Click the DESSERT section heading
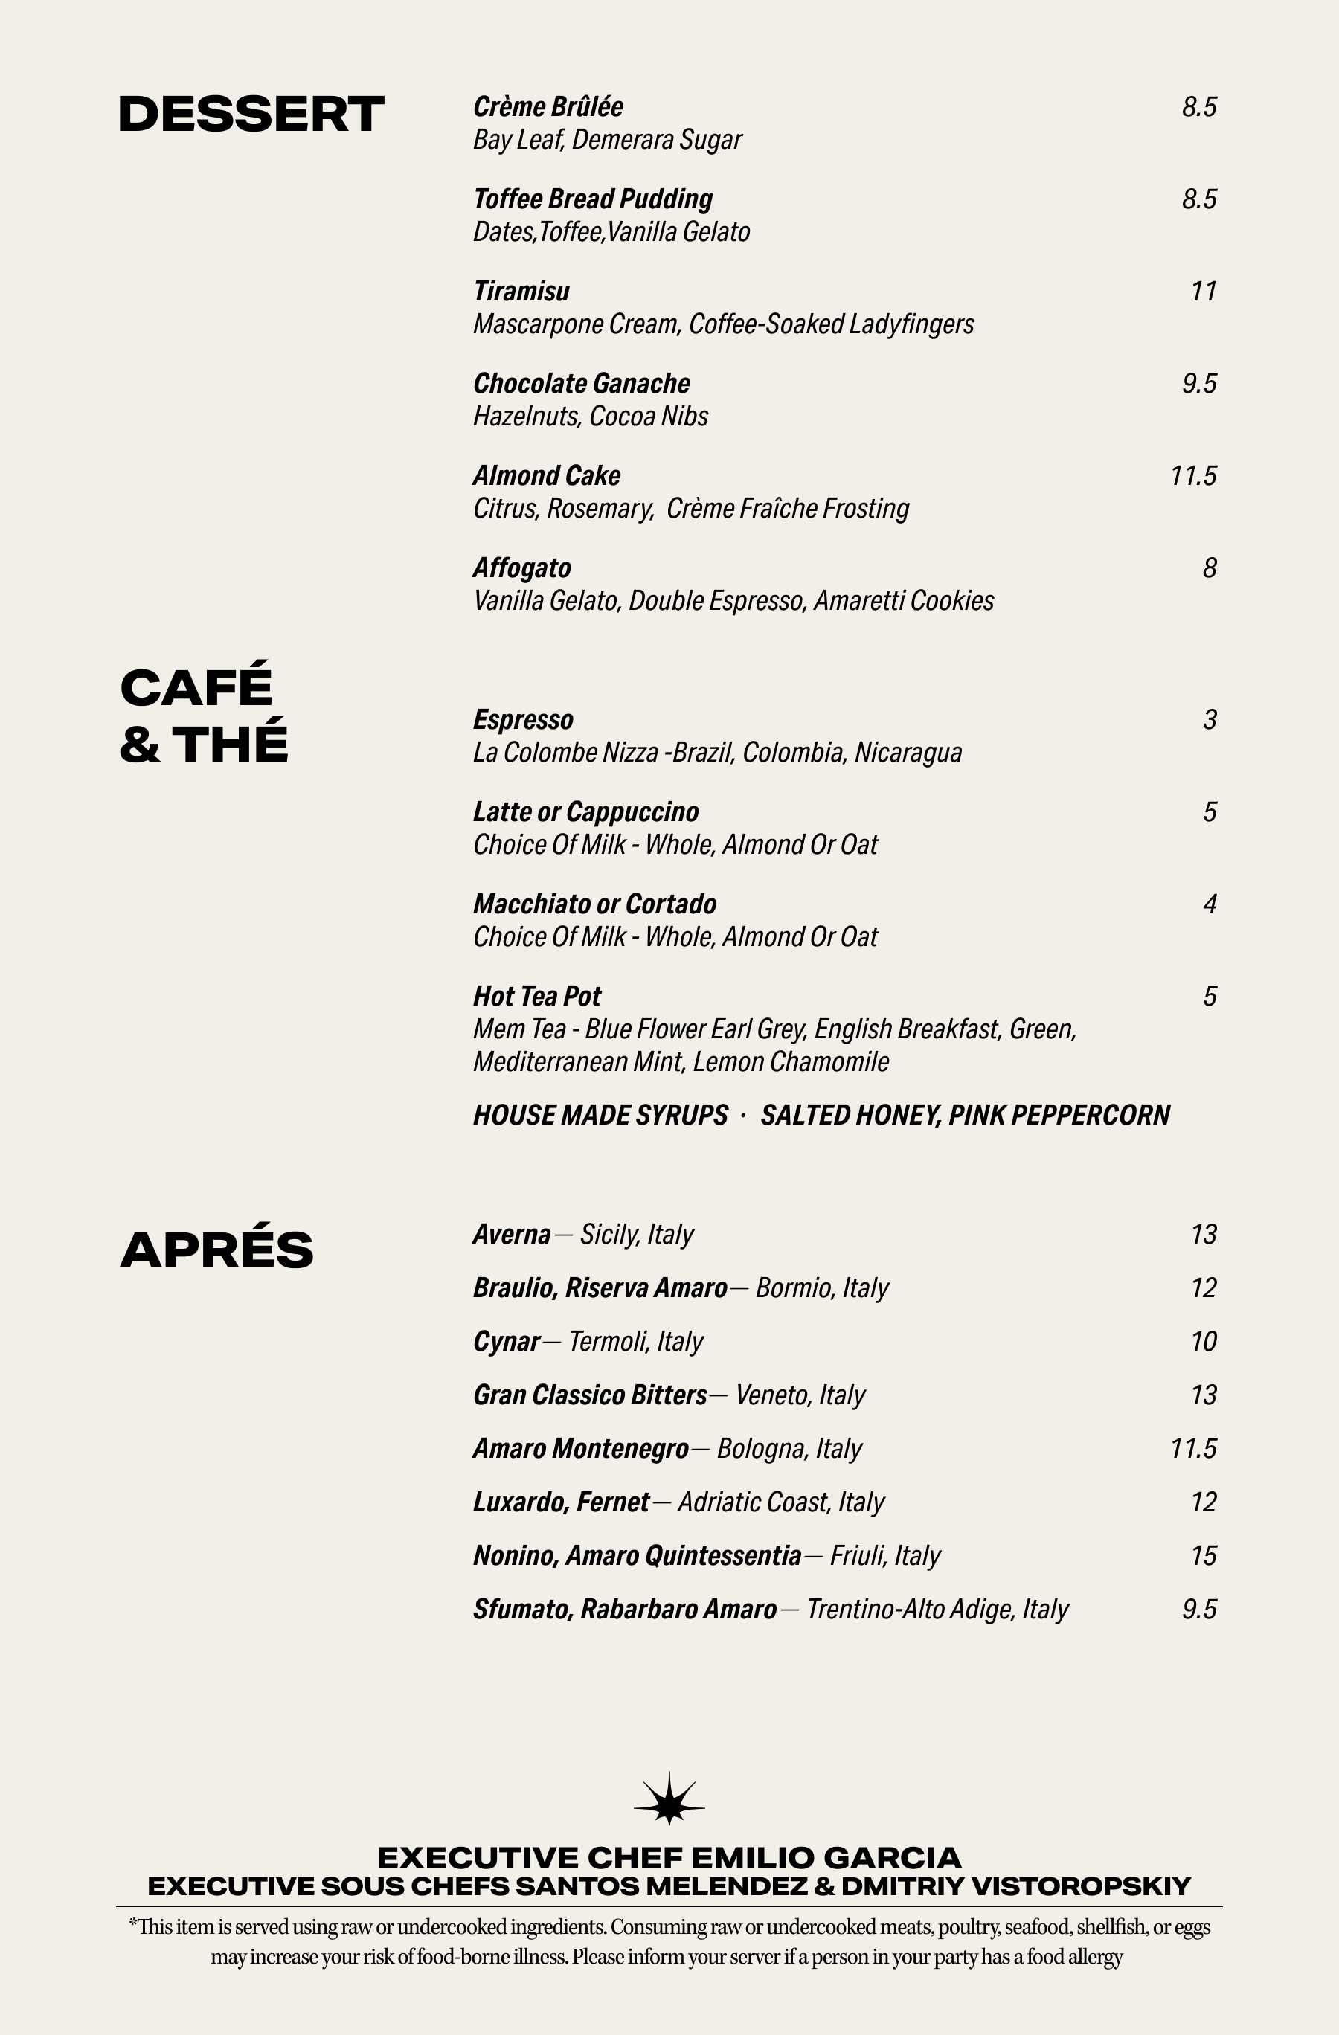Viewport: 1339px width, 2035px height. pyautogui.click(x=251, y=115)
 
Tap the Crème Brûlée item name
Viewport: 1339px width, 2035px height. pyautogui.click(x=548, y=107)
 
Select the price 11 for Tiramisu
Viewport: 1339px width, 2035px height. pyautogui.click(x=1203, y=292)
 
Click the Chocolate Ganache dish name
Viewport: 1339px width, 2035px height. pyautogui.click(x=582, y=384)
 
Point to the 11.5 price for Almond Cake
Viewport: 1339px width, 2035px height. pyautogui.click(x=1192, y=475)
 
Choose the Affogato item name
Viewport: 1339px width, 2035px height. pyautogui.click(x=521, y=568)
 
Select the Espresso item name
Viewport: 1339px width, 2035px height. pyautogui.click(x=523, y=720)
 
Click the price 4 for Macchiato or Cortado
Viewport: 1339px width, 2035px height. pyautogui.click(x=1209, y=904)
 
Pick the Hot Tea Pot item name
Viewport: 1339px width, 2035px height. pyautogui.click(x=537, y=996)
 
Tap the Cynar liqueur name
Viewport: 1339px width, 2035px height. pyautogui.click(x=506, y=1342)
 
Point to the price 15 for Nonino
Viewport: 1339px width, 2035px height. pyautogui.click(x=1203, y=1555)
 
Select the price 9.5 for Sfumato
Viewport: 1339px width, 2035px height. pyautogui.click(x=1198, y=1610)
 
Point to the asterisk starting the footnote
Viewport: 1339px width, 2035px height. pyautogui.click(x=132, y=1924)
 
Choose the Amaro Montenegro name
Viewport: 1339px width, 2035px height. pyautogui.click(x=580, y=1448)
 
